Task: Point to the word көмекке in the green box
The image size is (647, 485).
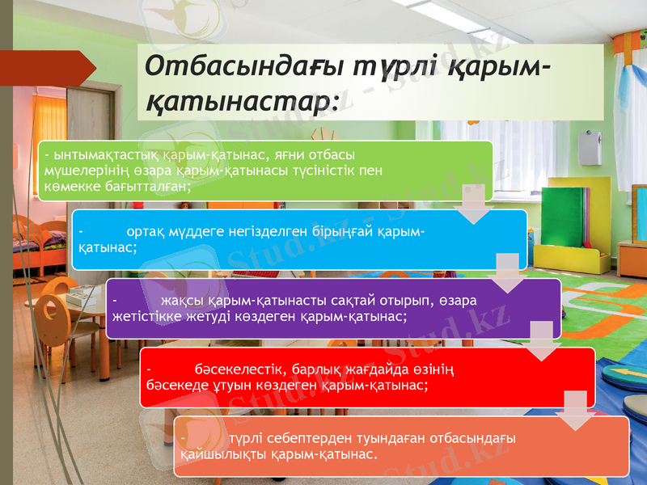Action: (x=67, y=186)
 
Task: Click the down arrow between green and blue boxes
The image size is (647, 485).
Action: (x=472, y=205)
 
